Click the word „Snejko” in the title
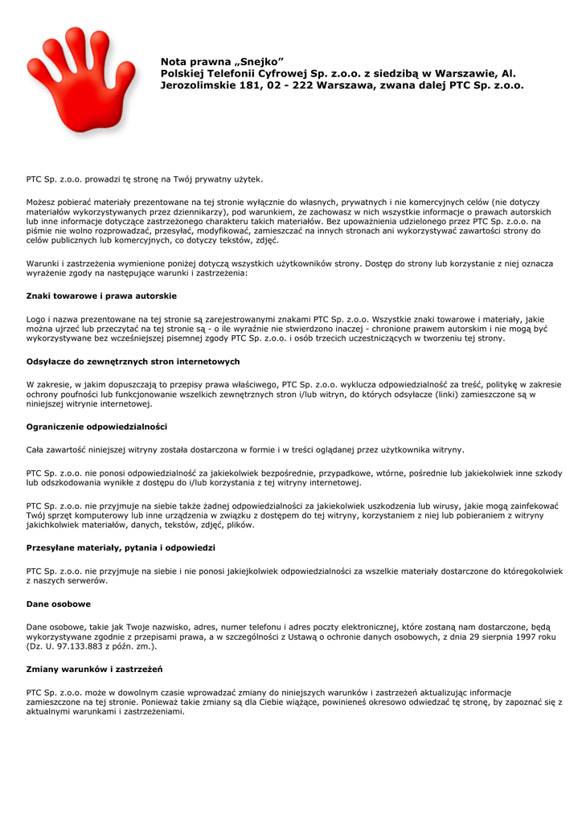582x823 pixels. coord(259,61)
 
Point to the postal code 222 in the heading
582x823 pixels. coord(303,84)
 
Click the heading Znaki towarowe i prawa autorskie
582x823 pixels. coord(101,296)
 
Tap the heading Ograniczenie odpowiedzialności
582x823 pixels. coord(96,426)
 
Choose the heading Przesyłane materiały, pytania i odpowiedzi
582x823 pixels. coord(121,547)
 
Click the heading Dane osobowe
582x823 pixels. coord(58,604)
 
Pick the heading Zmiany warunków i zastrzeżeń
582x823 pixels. coord(95,669)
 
